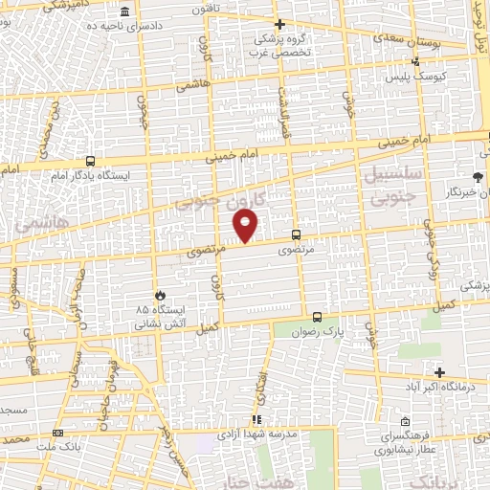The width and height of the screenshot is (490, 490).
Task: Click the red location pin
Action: pos(246,225)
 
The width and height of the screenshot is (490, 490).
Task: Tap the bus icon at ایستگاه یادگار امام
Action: pos(90,162)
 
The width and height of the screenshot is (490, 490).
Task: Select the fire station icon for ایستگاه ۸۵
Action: pos(160,295)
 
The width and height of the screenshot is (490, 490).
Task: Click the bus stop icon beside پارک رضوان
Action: pos(318,317)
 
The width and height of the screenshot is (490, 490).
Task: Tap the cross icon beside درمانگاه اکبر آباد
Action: pos(439,372)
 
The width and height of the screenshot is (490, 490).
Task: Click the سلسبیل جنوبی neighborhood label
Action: pos(388,187)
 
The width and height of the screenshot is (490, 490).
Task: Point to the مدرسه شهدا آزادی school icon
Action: pos(256,420)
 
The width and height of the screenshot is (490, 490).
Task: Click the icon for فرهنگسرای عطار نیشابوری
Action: pos(406,422)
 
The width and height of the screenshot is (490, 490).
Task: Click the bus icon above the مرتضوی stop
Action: pos(294,234)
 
